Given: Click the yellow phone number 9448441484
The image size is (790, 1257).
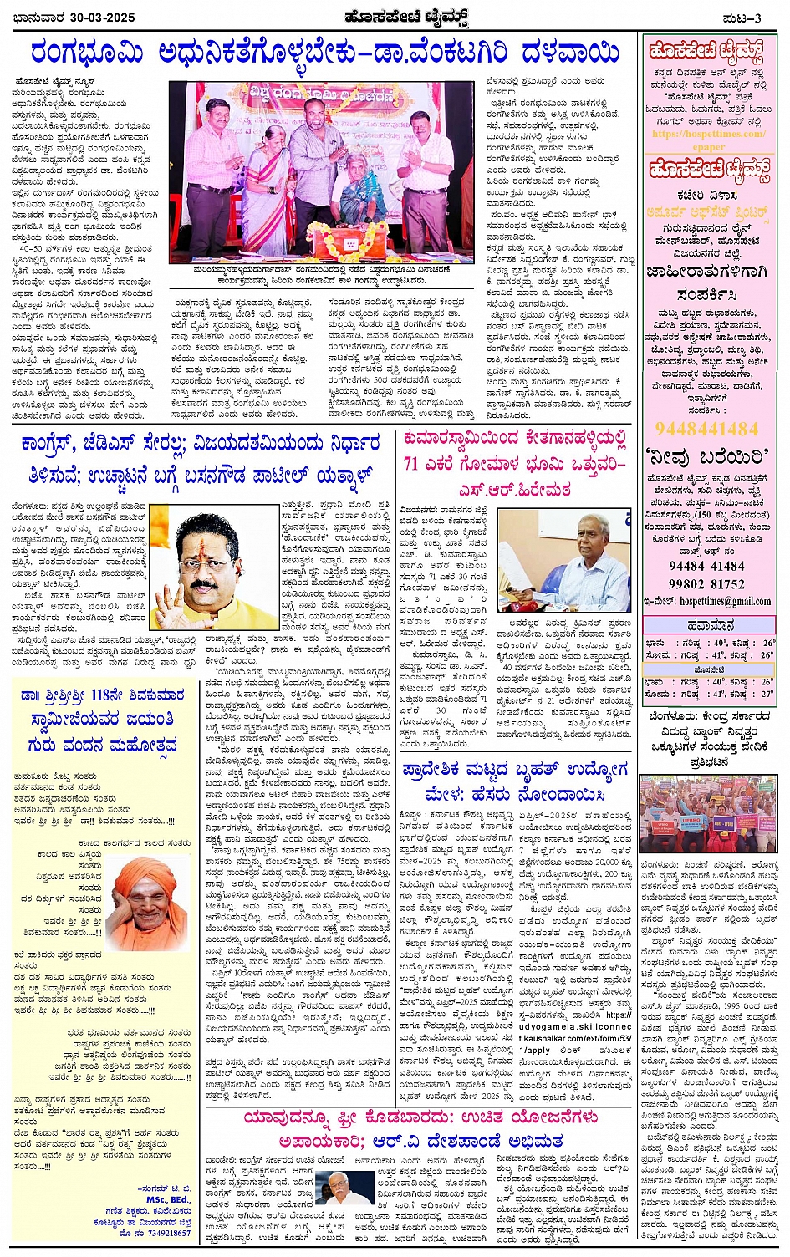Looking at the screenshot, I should coord(707,429).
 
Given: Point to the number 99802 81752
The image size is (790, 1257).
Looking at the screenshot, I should coord(707,584).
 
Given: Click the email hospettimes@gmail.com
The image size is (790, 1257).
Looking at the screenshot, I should coord(724,601).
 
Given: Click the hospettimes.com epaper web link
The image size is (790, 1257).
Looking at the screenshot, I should coord(707,140).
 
